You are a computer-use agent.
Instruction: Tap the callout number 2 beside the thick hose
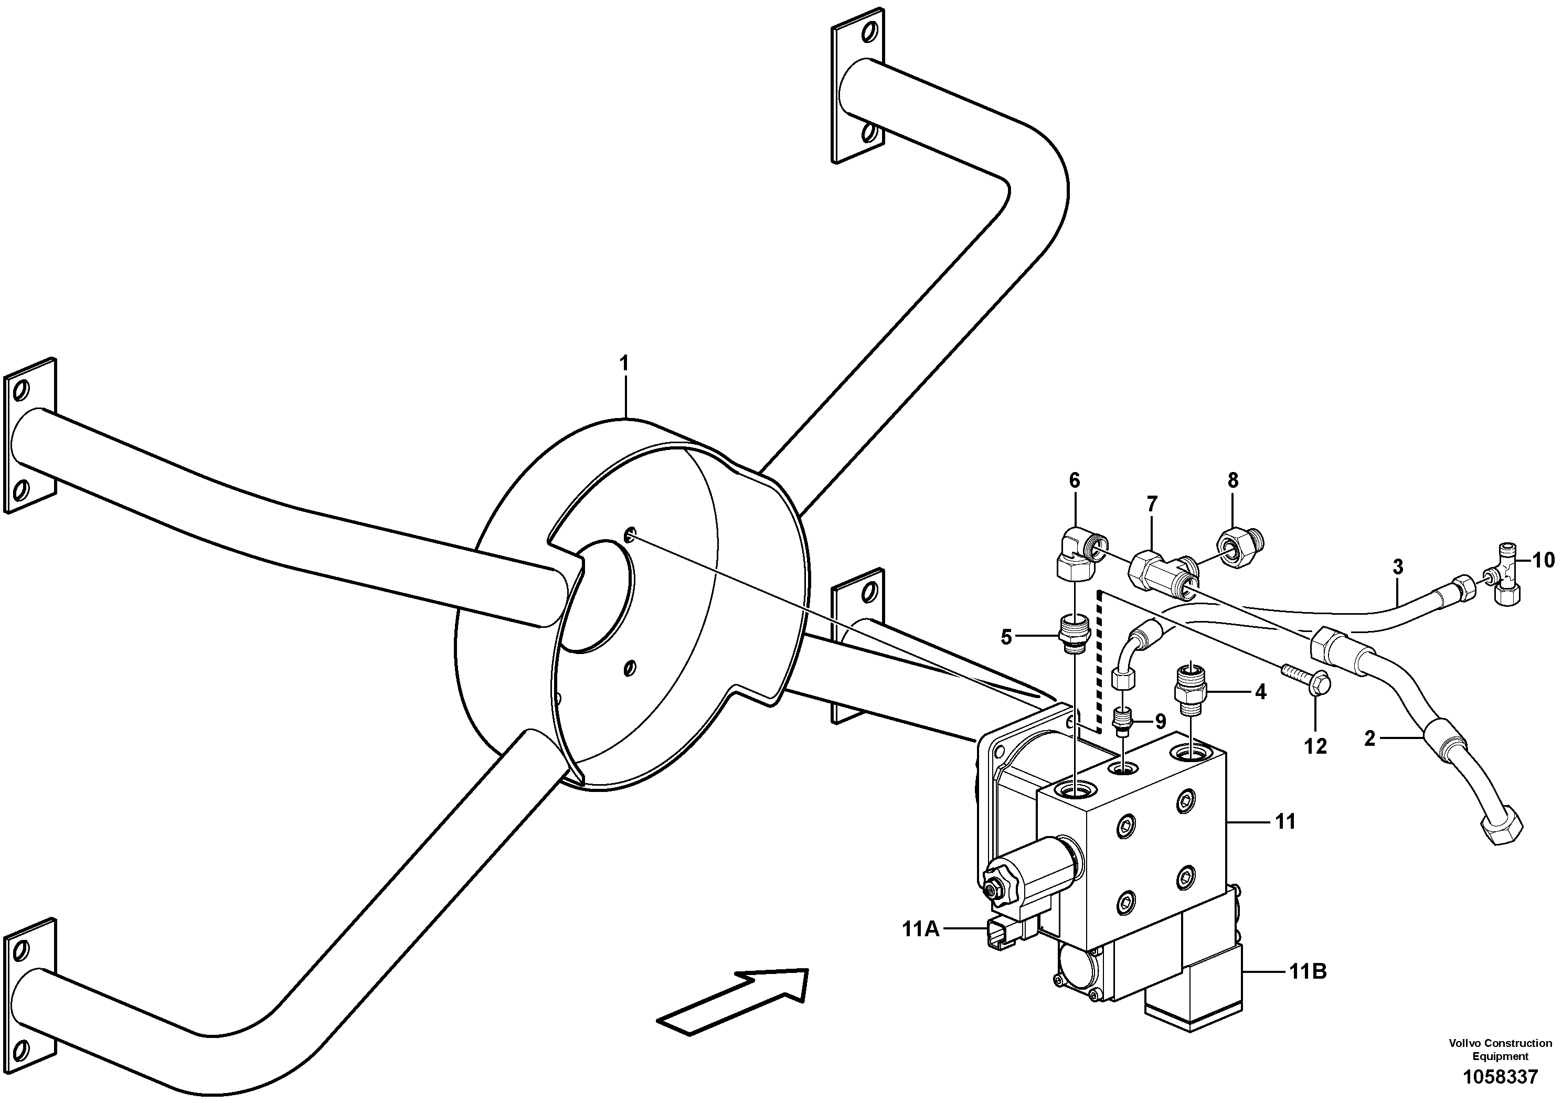[x=1370, y=738]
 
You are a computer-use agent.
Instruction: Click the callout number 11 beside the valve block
[x=1285, y=821]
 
